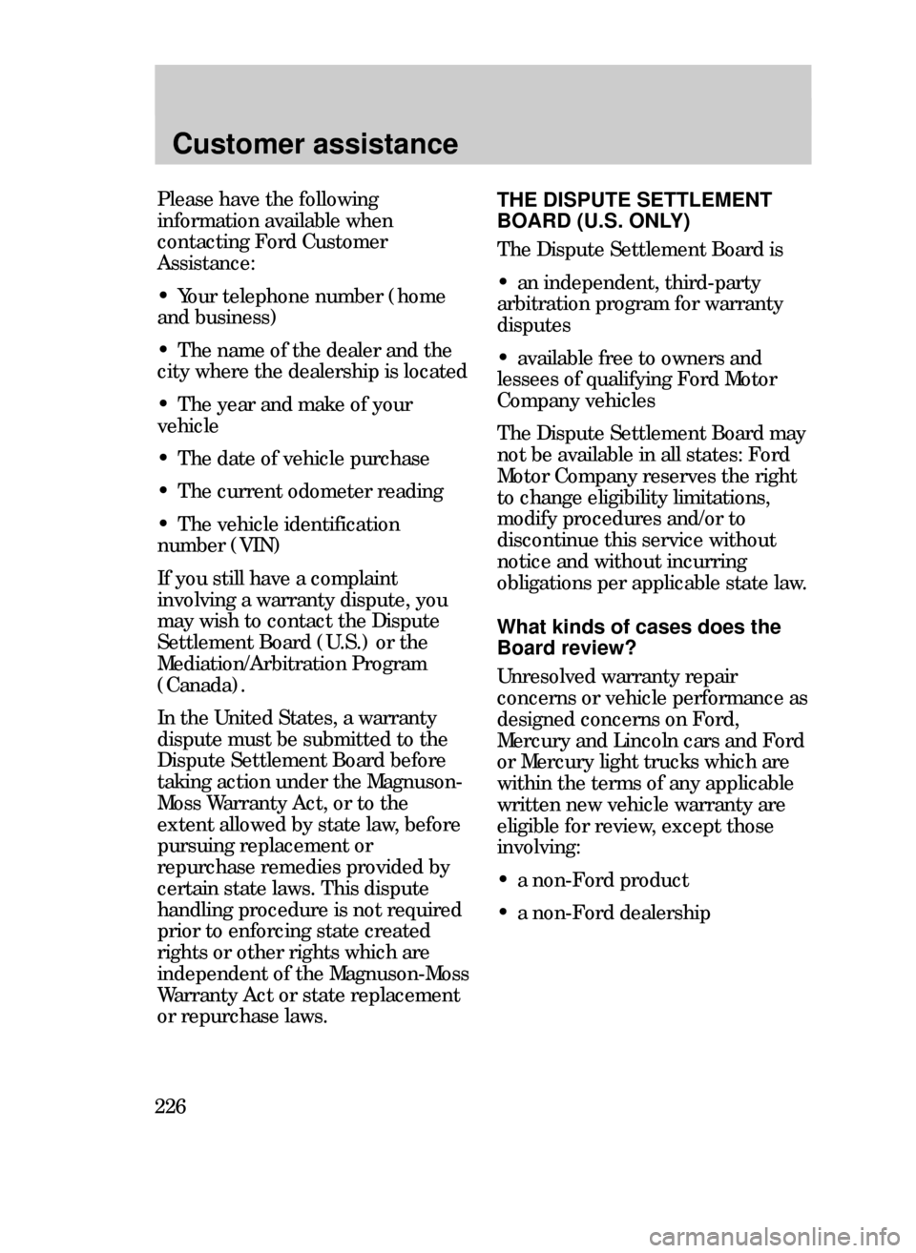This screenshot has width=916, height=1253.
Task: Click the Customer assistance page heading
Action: pos(316,144)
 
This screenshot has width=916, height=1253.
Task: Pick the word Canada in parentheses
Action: pos(197,687)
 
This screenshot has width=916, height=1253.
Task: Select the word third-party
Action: pos(711,284)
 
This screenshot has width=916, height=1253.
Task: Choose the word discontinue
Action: pos(549,541)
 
